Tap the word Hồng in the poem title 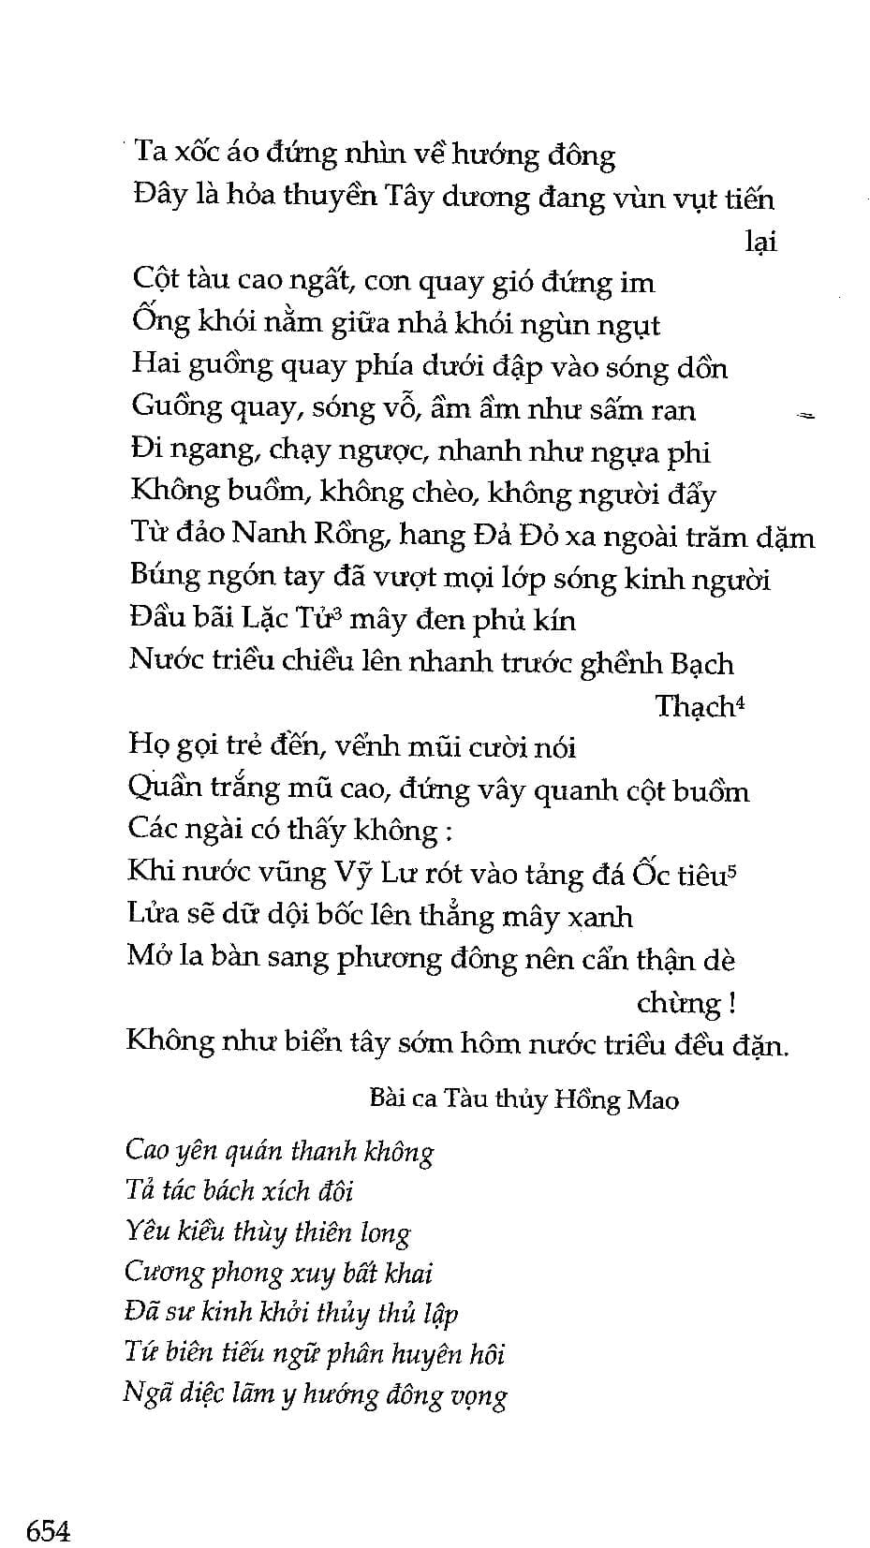tap(585, 1099)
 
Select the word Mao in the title tap(653, 1099)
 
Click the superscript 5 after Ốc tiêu tap(732, 867)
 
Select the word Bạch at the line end tap(702, 664)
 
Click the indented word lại tap(760, 242)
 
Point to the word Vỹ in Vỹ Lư tap(353, 874)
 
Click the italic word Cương tap(165, 1273)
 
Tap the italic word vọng tap(478, 1396)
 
